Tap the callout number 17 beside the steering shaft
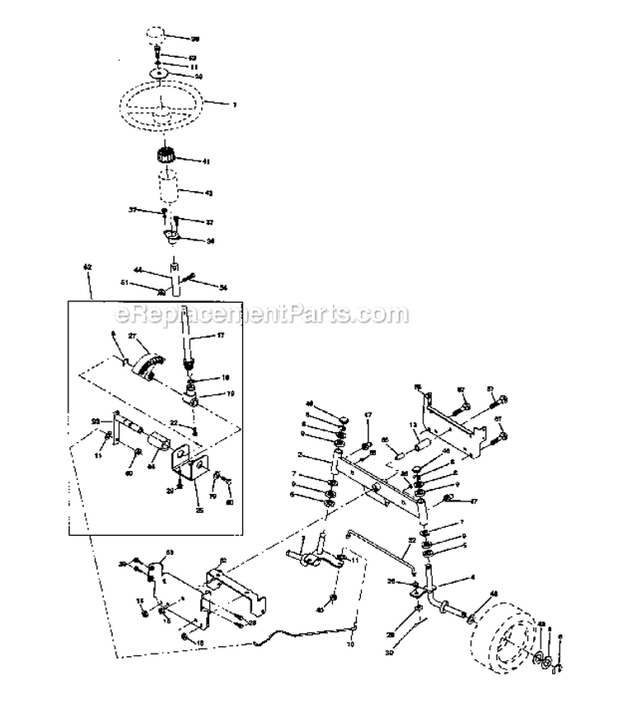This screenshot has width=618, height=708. point(220,335)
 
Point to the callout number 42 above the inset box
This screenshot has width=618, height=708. point(87,268)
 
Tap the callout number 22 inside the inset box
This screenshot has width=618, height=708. point(174,422)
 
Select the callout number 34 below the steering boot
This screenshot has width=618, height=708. point(210,241)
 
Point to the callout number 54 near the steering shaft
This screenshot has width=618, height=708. point(222,286)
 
